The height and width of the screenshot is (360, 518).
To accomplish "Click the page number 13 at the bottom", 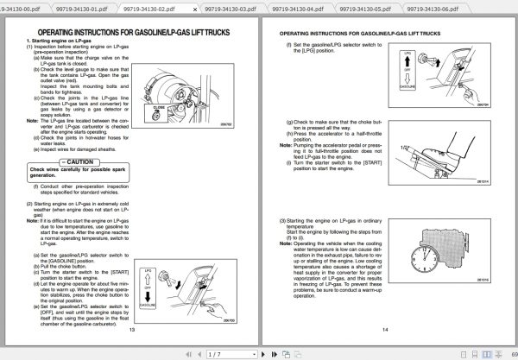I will click(x=132, y=329).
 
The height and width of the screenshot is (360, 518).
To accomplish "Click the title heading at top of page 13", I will click(x=132, y=29).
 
